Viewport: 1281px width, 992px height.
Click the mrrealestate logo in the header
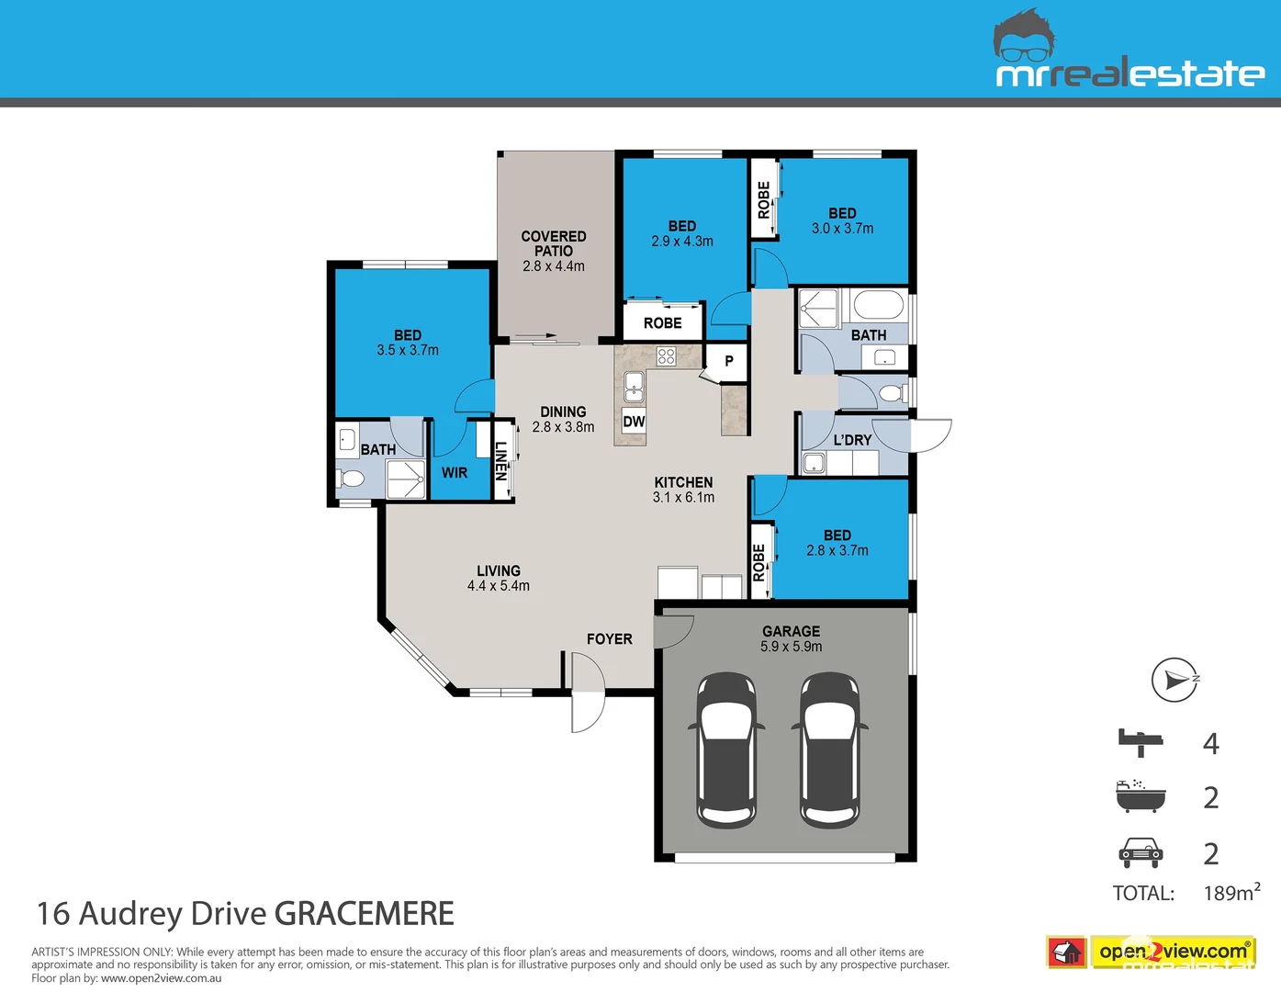[x=1129, y=55]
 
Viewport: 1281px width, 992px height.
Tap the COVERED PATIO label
[x=554, y=243]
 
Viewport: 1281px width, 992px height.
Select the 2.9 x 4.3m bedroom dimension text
[x=682, y=242]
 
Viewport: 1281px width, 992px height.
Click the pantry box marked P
[x=728, y=361]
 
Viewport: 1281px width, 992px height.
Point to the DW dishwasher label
[x=634, y=422]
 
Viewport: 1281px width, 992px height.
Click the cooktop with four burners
[x=667, y=356]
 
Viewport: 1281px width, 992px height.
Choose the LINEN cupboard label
[x=501, y=461]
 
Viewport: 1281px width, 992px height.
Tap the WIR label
[x=455, y=473]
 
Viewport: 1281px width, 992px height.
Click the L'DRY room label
[x=852, y=440]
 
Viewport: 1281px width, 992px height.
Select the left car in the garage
[x=726, y=749]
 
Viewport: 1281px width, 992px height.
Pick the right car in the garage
[x=830, y=749]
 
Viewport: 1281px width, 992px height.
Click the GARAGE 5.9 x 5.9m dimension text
[x=791, y=647]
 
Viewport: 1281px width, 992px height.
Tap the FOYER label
[x=610, y=639]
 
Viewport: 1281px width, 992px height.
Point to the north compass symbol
[x=1174, y=680]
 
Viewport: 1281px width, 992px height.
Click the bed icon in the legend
[x=1141, y=741]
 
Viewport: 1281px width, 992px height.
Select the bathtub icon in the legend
[x=1141, y=796]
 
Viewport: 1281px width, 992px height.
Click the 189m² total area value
[x=1231, y=893]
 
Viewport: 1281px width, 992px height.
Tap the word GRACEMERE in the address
[x=365, y=914]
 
